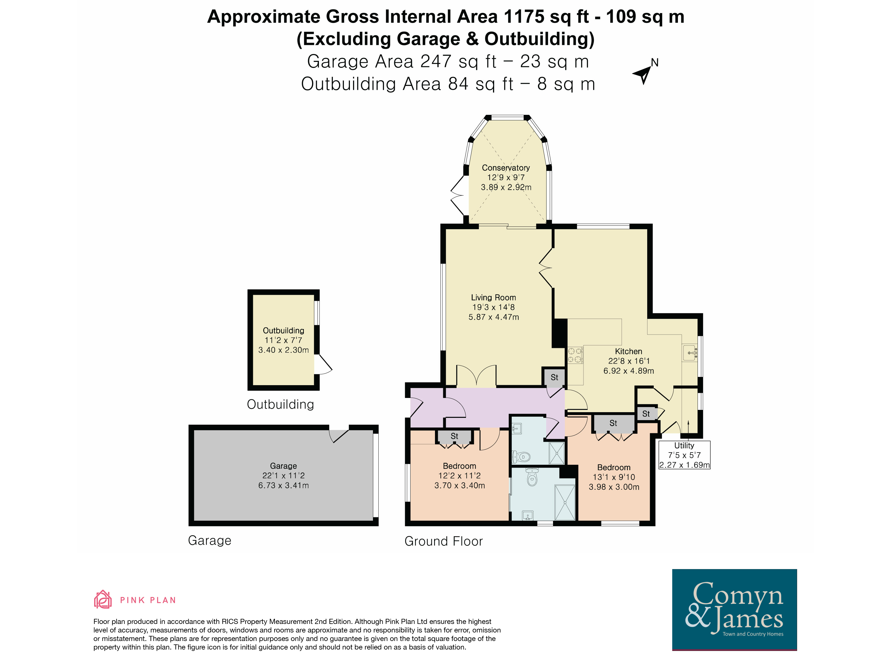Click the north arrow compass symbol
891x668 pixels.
(643, 74)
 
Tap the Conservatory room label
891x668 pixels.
(506, 168)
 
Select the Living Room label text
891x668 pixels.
(493, 297)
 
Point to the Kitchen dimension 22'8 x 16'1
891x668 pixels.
(628, 361)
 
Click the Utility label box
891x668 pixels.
(684, 455)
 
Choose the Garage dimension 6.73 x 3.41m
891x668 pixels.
(284, 485)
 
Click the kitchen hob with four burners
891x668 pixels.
(575, 355)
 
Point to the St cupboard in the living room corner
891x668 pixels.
(554, 377)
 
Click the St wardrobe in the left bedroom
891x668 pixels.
(454, 436)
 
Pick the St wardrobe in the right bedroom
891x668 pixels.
(613, 423)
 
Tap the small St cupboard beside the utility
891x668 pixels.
(646, 414)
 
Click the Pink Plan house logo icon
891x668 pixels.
(103, 599)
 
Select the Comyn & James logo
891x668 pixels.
(734, 610)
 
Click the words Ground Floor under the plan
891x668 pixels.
(444, 541)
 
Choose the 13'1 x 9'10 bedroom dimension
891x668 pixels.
(614, 477)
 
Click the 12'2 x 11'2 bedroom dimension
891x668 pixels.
(460, 476)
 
